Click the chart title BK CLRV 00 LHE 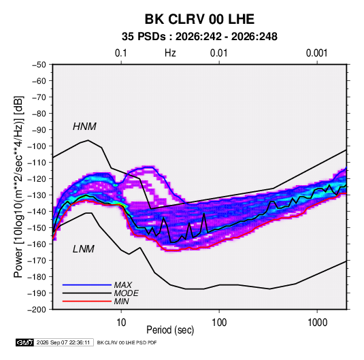click(x=199, y=19)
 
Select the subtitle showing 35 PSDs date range click(x=199, y=37)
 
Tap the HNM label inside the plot click(x=84, y=127)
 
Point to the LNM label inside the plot click(x=84, y=249)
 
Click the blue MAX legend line click(x=87, y=284)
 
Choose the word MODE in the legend click(x=127, y=293)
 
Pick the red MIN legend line click(x=87, y=301)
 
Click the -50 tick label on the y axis click(x=39, y=65)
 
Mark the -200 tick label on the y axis click(x=37, y=310)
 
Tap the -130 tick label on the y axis click(x=37, y=195)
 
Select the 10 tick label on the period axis click(x=121, y=323)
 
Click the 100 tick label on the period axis click(x=219, y=323)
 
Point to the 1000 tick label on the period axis click(x=317, y=323)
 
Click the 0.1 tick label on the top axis click(x=121, y=53)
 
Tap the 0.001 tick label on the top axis click(x=317, y=53)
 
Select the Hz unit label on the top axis click(x=170, y=53)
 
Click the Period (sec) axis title click(x=170, y=330)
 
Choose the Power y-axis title click(x=18, y=186)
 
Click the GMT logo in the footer click(x=24, y=342)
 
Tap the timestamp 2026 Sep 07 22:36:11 click(x=63, y=342)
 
